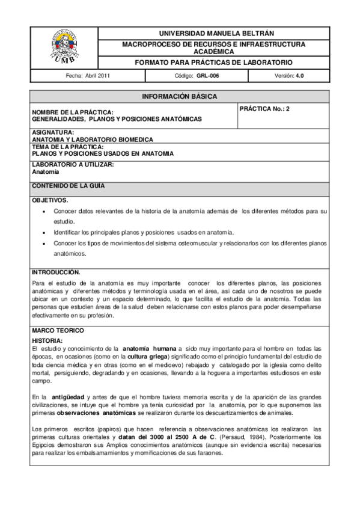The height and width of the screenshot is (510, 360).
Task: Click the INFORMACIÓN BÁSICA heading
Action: [x=179, y=96]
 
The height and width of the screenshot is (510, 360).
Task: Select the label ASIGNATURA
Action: [x=53, y=132]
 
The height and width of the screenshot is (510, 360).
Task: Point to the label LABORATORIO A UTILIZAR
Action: [x=73, y=164]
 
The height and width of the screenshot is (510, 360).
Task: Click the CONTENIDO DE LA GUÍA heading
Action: [x=68, y=186]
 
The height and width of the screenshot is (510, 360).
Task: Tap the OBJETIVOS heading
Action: [x=50, y=200]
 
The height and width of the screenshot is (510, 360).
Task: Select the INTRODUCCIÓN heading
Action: [x=56, y=272]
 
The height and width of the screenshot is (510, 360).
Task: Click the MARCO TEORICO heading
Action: [x=58, y=331]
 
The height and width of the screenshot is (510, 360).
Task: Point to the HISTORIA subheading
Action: [x=47, y=341]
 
